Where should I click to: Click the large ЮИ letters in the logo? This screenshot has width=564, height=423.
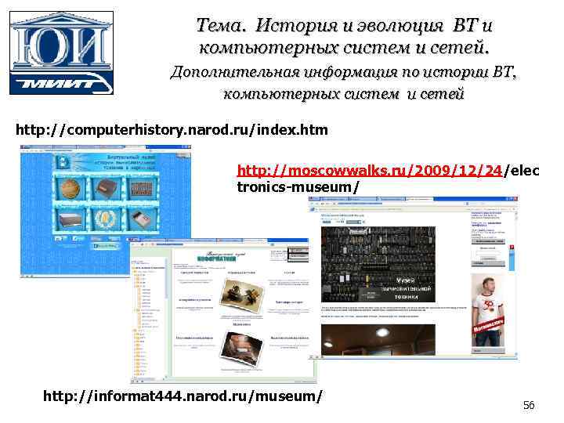60,44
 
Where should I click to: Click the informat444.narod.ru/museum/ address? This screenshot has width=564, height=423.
183,396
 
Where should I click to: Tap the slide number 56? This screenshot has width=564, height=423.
529,405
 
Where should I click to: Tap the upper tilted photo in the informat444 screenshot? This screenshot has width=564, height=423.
237,290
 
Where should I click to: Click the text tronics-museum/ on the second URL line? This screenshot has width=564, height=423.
298,186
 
